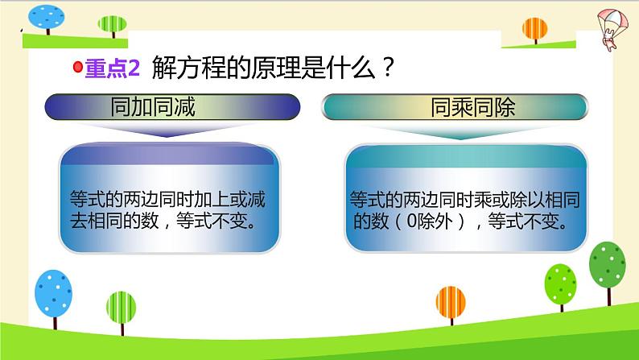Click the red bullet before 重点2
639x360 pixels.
(79, 69)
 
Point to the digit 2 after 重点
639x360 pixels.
(134, 69)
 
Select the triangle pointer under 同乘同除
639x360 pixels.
(461, 134)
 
